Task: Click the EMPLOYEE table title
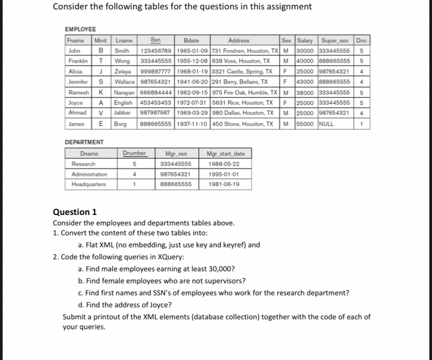click(x=80, y=30)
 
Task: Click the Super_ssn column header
click(x=335, y=40)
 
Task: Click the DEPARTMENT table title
click(x=84, y=142)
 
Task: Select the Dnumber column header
click(x=135, y=153)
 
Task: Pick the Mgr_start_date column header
click(x=225, y=153)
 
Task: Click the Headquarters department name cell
click(x=88, y=184)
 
